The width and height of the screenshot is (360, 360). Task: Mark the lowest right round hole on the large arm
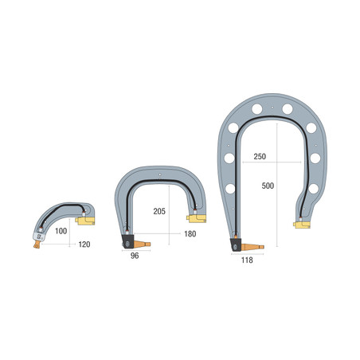click(313, 189)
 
